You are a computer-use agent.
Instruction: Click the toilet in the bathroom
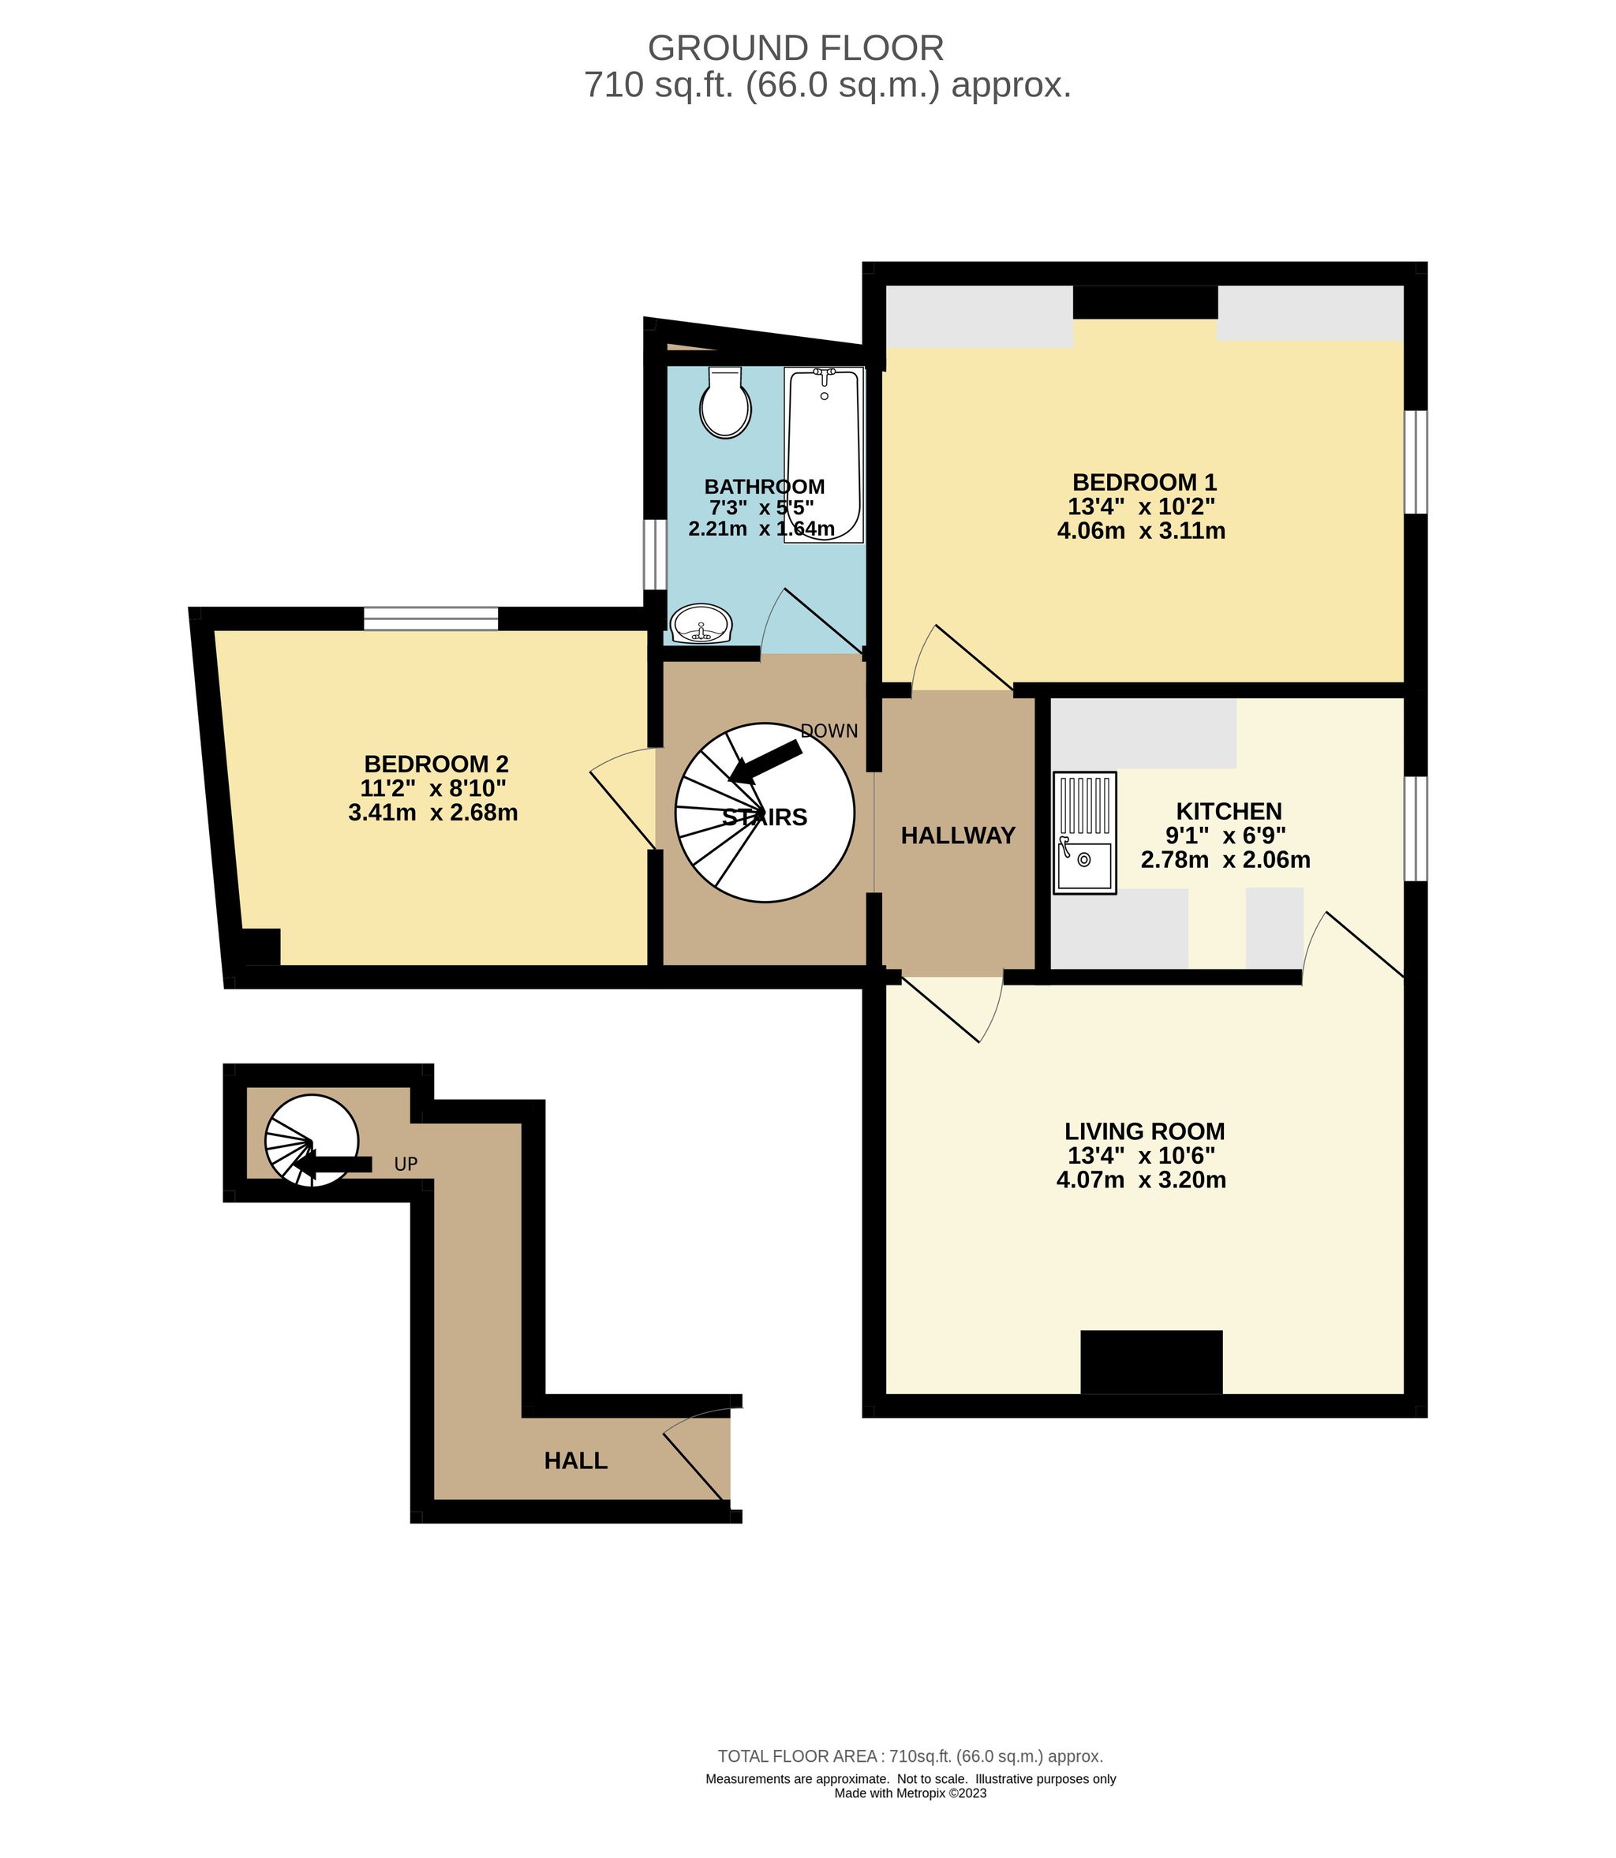[x=725, y=402]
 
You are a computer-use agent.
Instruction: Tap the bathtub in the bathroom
[x=825, y=454]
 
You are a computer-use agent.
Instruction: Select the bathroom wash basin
[x=701, y=623]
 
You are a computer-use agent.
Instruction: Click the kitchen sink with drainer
[x=1085, y=833]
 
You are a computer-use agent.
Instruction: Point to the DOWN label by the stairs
[x=829, y=731]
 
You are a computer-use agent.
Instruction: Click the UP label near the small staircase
[x=406, y=1164]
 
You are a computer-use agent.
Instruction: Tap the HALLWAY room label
[x=958, y=836]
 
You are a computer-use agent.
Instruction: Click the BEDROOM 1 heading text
[x=1144, y=482]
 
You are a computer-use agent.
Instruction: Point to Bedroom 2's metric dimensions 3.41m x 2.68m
[x=433, y=813]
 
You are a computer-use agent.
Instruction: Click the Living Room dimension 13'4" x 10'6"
[x=1142, y=1156]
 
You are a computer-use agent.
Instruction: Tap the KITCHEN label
[x=1229, y=811]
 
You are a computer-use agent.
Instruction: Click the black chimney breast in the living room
[x=1151, y=1363]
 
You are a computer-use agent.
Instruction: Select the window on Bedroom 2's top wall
[x=431, y=619]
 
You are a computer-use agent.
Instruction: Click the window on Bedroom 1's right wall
[x=1416, y=462]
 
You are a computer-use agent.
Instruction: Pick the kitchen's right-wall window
[x=1416, y=828]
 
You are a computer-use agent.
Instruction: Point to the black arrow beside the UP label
[x=333, y=1165]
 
